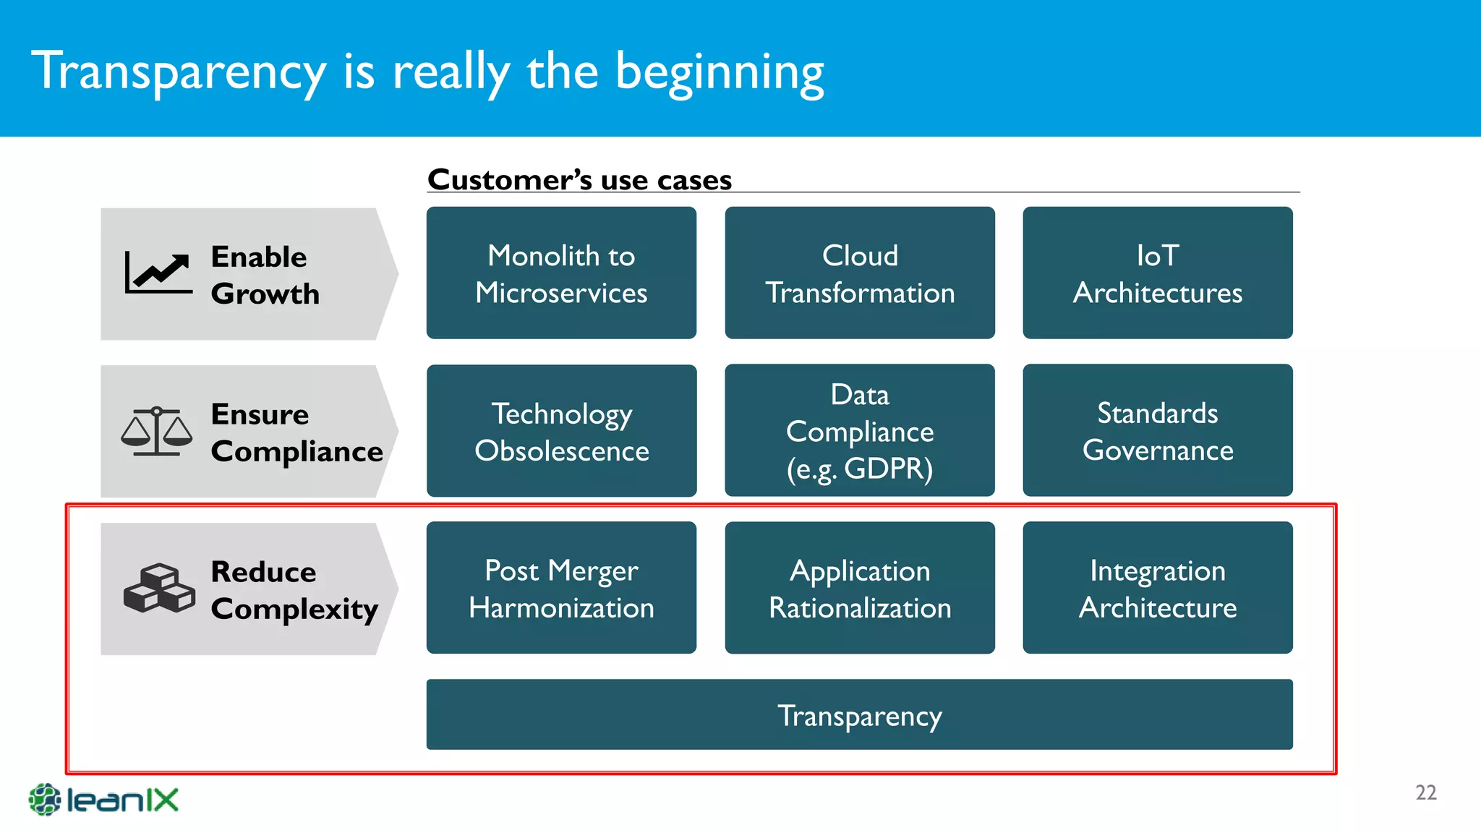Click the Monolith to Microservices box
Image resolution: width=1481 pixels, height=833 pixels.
click(x=561, y=273)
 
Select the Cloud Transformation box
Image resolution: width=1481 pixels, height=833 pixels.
click(x=860, y=273)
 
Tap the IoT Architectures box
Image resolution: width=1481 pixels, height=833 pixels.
click(x=1157, y=273)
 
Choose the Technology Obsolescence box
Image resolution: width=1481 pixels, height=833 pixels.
click(x=561, y=431)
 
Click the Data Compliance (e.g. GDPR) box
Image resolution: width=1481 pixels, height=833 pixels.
click(x=860, y=431)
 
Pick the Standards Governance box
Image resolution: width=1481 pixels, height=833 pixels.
click(x=1157, y=431)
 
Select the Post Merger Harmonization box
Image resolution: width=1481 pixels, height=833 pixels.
click(x=561, y=588)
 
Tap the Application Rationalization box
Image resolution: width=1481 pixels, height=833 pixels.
click(x=860, y=588)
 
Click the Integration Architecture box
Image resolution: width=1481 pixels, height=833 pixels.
click(x=1157, y=588)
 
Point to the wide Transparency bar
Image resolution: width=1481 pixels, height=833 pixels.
click(x=859, y=714)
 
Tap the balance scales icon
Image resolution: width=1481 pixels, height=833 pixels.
click(x=157, y=431)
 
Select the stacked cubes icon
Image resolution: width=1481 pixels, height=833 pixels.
click(x=159, y=588)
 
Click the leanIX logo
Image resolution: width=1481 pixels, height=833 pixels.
click(x=103, y=800)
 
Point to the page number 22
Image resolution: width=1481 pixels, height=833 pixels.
click(x=1425, y=793)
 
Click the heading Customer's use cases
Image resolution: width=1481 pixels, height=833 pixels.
click(x=579, y=179)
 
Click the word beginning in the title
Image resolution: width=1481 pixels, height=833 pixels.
click(x=720, y=72)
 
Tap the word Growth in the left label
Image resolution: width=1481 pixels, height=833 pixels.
click(x=265, y=294)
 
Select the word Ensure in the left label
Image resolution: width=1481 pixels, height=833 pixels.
click(x=260, y=414)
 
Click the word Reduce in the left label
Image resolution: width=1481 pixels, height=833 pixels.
click(x=263, y=572)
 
